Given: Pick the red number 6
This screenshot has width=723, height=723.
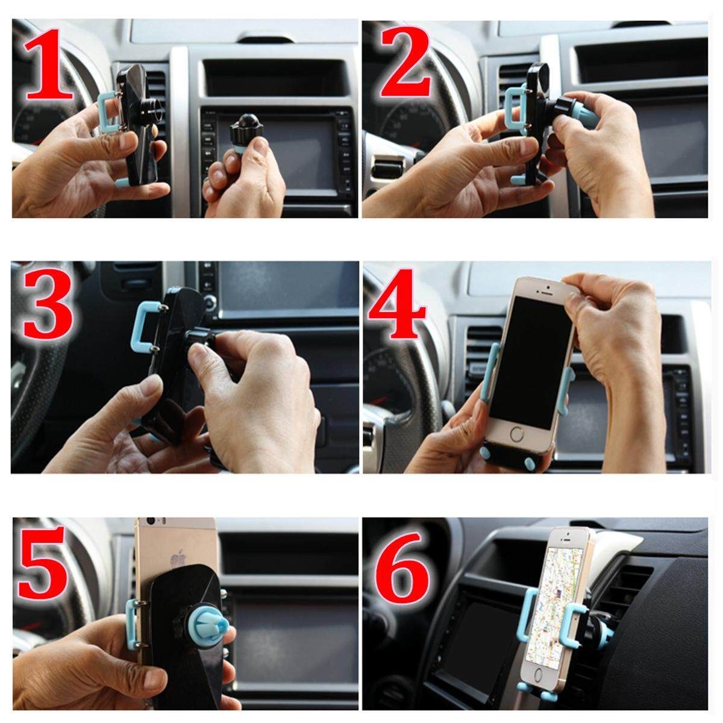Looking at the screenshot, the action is [403, 571].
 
